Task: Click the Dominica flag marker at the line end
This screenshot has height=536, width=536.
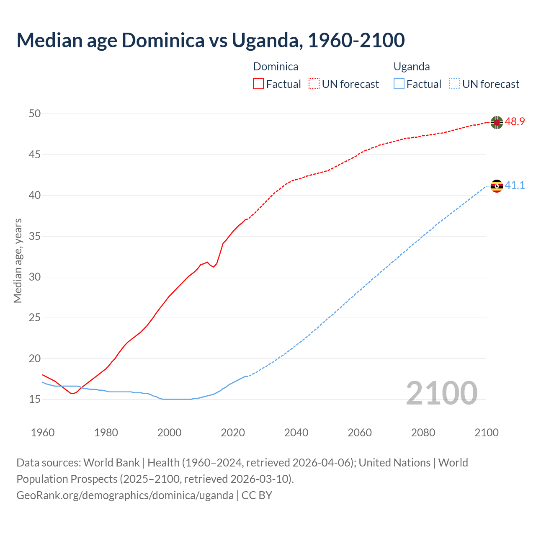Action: tap(497, 122)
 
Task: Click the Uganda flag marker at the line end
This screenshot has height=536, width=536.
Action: tap(497, 186)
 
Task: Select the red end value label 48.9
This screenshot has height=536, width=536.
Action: tap(515, 122)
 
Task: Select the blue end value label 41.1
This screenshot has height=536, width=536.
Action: tap(515, 185)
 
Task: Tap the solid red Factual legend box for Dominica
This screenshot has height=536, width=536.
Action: tap(258, 84)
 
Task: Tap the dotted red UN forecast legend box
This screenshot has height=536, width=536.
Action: tap(314, 84)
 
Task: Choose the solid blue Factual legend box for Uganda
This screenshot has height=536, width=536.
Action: tap(399, 84)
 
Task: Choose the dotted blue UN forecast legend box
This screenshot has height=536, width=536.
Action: tap(454, 84)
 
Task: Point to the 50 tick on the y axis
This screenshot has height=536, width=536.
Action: tap(35, 114)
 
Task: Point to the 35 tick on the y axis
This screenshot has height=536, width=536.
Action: tap(35, 236)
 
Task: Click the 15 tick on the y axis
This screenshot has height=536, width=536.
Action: tap(35, 399)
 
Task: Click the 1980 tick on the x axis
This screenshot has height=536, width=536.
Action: tap(106, 433)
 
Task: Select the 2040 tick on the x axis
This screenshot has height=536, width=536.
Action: tap(296, 433)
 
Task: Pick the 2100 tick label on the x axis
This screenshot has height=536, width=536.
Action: tap(487, 433)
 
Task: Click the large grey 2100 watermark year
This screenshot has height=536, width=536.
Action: tap(441, 393)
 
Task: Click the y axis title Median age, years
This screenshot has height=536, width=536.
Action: tap(18, 260)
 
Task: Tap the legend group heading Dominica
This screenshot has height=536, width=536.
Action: tap(276, 67)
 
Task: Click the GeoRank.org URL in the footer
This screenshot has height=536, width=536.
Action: tap(125, 495)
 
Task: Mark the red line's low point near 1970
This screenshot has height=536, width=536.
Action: tap(72, 393)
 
